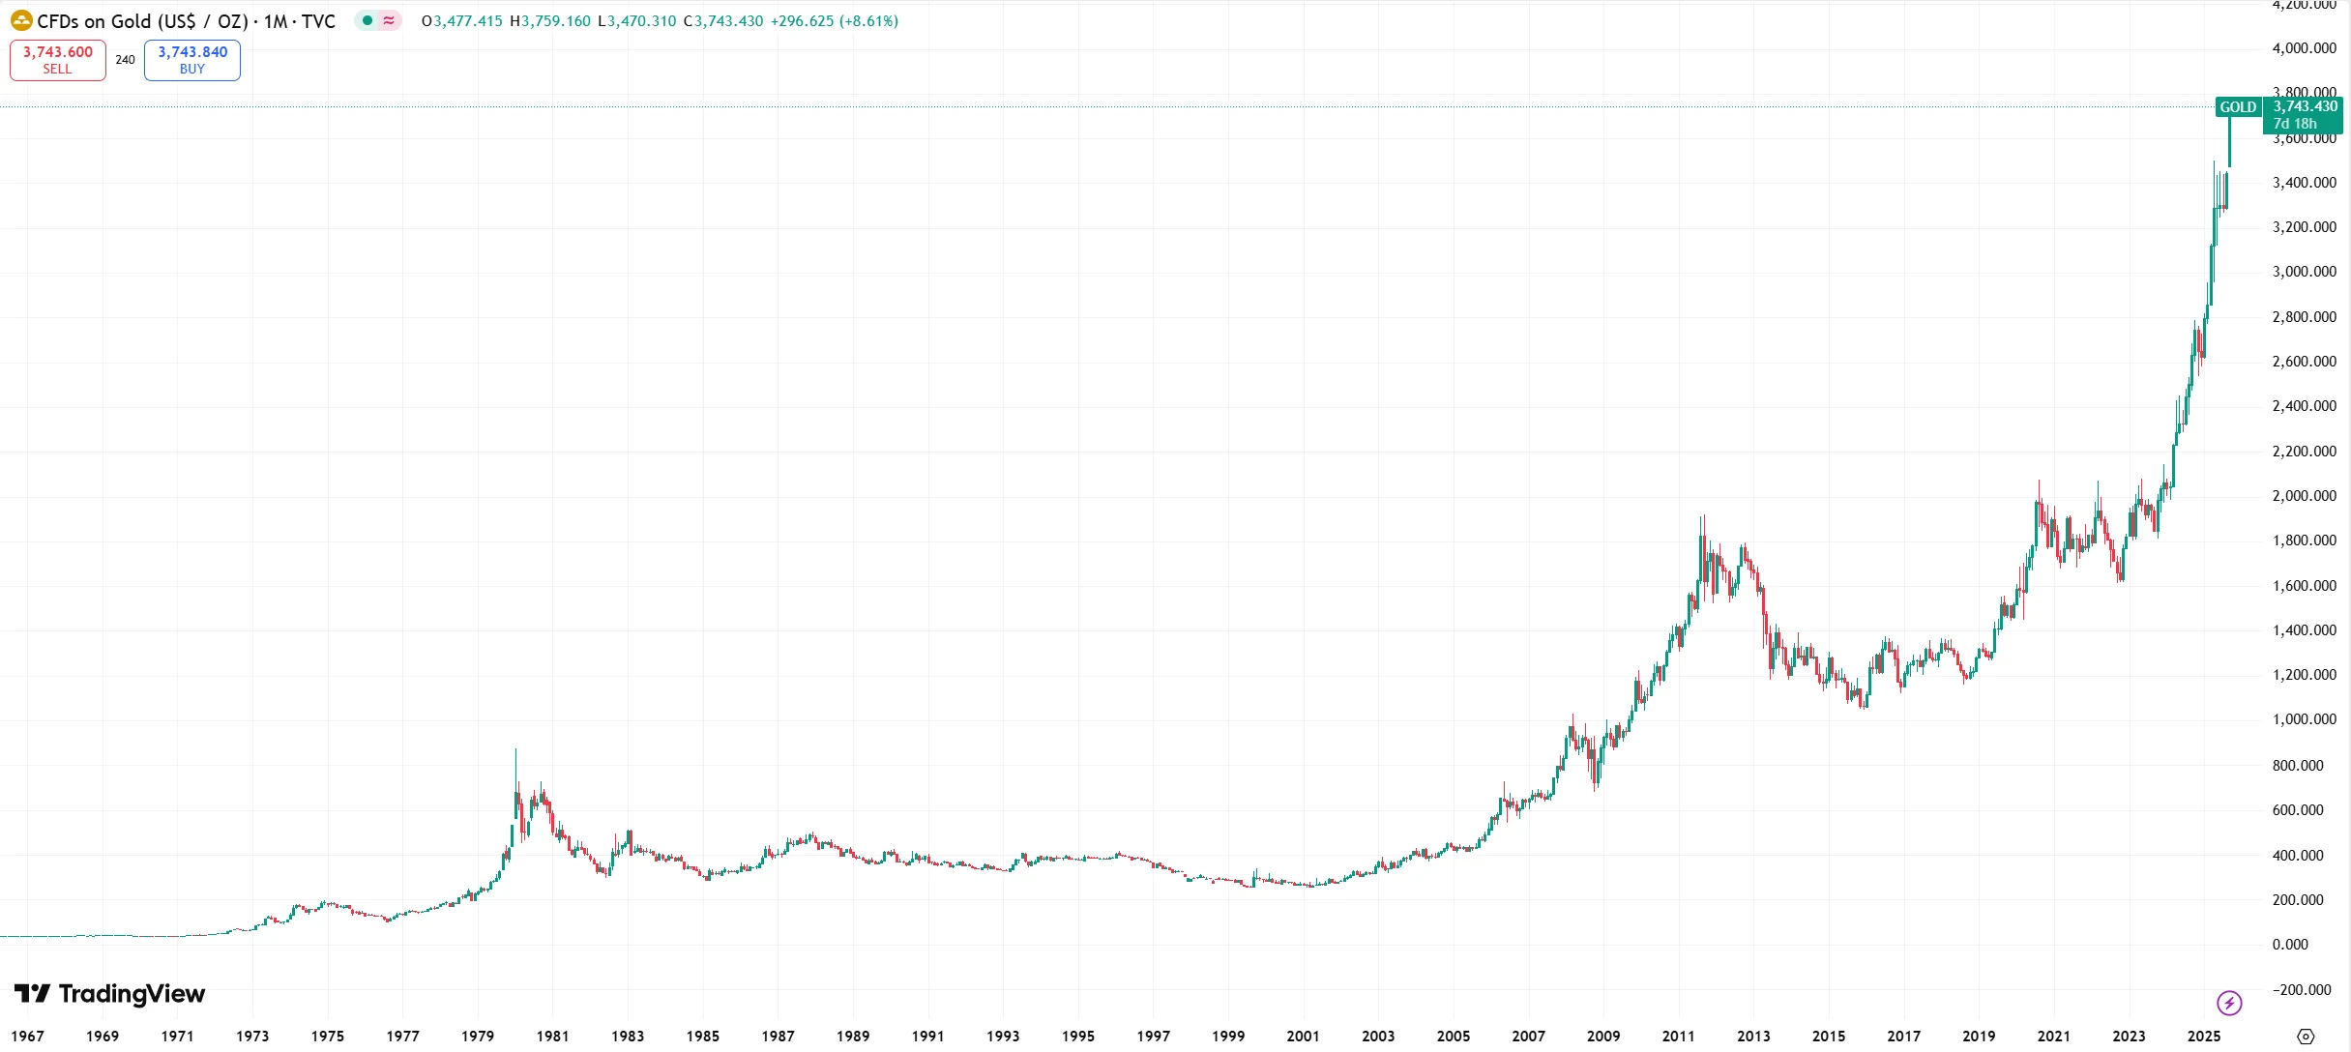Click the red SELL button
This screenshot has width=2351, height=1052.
click(57, 60)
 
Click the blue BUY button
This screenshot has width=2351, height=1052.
click(192, 60)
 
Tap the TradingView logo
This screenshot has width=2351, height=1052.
click(109, 994)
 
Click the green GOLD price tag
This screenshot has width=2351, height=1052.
click(2237, 107)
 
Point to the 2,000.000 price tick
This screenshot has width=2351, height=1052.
click(2304, 496)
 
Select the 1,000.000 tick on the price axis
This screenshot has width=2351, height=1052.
click(2304, 719)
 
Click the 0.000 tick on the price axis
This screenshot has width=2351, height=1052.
click(2290, 945)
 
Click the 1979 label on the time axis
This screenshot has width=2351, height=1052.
click(478, 1037)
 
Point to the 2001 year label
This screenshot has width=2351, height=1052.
click(1303, 1037)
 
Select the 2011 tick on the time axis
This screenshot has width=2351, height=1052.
click(1678, 1037)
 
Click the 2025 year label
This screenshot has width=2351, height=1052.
click(2204, 1037)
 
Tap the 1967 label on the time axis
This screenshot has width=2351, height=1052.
click(28, 1037)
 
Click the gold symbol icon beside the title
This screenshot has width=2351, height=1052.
click(21, 20)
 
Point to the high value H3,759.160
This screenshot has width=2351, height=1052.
click(549, 21)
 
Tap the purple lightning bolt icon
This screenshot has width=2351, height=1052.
click(2229, 1004)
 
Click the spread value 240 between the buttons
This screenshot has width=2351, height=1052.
click(126, 60)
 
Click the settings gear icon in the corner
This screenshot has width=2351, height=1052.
click(2306, 1037)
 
